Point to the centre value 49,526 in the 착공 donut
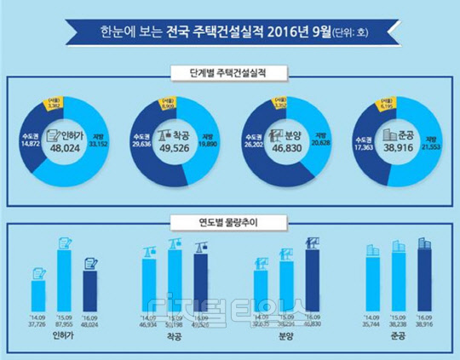click(x=180, y=149)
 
